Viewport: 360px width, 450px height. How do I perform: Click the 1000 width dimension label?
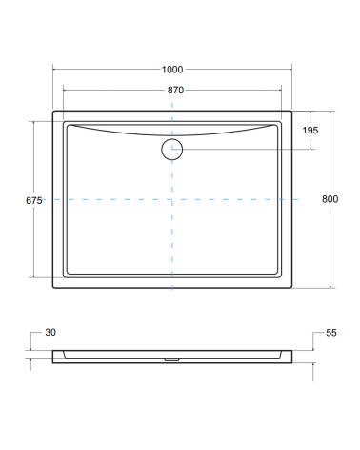point(171,70)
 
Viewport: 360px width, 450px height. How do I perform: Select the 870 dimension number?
point(171,89)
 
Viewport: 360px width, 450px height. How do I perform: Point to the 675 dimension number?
point(34,200)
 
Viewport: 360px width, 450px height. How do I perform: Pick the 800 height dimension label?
point(330,199)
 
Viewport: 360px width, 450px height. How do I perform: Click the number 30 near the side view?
point(51,333)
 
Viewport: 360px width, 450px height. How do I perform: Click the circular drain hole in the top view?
point(171,148)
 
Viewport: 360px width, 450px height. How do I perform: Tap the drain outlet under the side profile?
point(171,360)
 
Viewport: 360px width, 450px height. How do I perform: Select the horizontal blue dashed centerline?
point(105,199)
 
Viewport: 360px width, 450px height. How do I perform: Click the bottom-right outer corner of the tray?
point(292,288)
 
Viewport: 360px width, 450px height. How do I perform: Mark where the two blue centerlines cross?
point(171,199)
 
